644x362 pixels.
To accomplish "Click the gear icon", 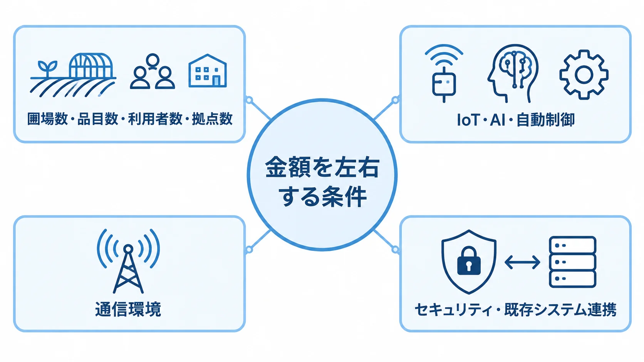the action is point(584,75).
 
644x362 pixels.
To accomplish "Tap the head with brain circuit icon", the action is point(513,73).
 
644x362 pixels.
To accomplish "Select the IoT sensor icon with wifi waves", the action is point(444,73).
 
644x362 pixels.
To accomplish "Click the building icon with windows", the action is point(208,71).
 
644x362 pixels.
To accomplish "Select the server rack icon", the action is point(572,262).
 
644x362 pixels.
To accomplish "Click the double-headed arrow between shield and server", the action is point(522,262).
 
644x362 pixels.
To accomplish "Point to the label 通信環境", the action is point(128,309).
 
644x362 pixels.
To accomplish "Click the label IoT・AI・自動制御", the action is point(516,120).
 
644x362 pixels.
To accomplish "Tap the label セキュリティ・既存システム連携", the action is point(515,310).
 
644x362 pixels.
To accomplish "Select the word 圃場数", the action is point(47,119).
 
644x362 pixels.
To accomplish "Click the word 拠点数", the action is point(212,119).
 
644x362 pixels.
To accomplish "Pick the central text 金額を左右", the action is point(322,167).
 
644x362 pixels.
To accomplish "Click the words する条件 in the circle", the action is point(322,197).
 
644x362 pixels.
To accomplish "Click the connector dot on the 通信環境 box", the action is point(249,249).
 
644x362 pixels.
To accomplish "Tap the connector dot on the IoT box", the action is point(396,100).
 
